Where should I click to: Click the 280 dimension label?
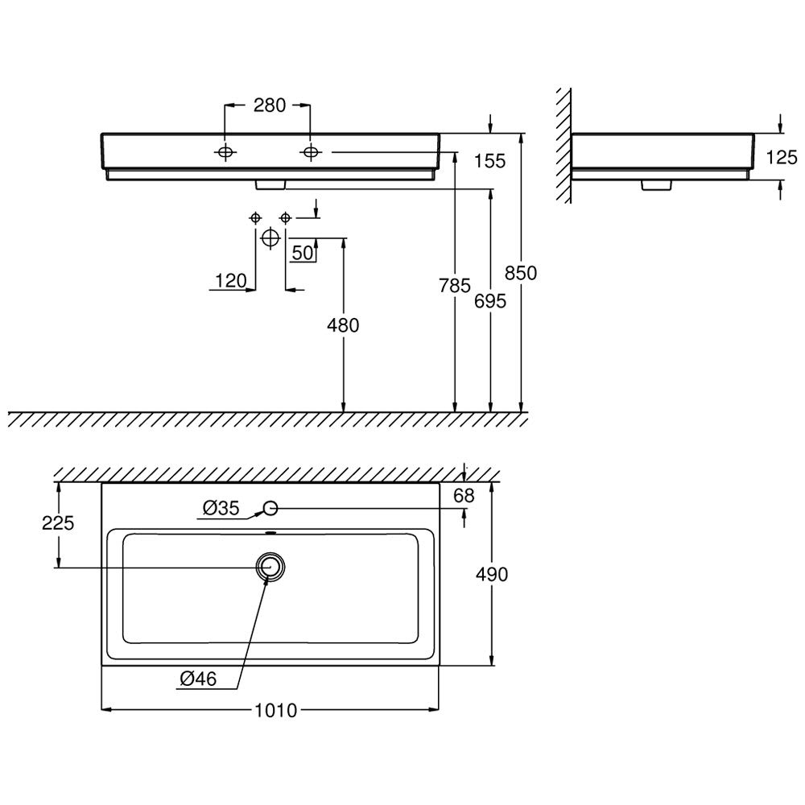click(x=270, y=105)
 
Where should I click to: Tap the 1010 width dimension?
click(x=276, y=711)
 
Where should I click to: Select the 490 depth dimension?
click(x=492, y=574)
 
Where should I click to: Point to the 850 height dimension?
click(x=521, y=273)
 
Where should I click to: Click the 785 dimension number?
click(x=455, y=286)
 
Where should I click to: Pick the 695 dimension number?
click(x=490, y=301)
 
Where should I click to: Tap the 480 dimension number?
click(x=343, y=325)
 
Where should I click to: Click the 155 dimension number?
click(x=489, y=161)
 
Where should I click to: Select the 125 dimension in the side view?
click(x=782, y=157)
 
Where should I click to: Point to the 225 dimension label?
click(x=58, y=523)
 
